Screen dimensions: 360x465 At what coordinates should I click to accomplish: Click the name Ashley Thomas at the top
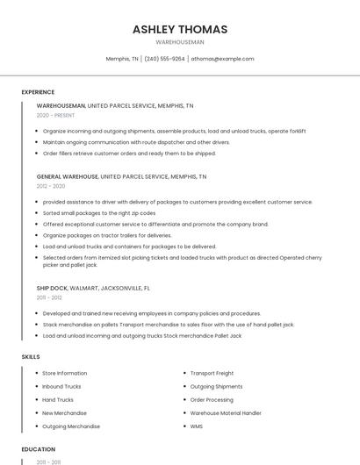click(180, 29)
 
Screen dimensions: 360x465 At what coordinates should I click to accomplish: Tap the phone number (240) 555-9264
click(165, 59)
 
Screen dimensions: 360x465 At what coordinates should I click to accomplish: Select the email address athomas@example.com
click(222, 59)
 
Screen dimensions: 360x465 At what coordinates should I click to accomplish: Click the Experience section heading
click(38, 92)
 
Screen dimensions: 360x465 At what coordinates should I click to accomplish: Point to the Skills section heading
click(30, 357)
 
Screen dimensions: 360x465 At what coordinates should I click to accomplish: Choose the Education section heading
click(38, 449)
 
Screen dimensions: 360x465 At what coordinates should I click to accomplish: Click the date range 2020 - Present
click(55, 115)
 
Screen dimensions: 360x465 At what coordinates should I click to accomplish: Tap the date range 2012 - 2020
click(51, 186)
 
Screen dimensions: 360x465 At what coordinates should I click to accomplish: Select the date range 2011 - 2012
click(49, 297)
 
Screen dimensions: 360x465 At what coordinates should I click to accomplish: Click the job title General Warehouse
click(68, 176)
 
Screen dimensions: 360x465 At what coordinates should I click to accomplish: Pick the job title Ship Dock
click(52, 288)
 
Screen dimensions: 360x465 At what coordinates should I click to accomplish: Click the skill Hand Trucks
click(58, 399)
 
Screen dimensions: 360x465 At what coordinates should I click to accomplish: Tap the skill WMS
click(196, 426)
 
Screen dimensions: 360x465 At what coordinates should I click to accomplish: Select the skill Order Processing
click(212, 399)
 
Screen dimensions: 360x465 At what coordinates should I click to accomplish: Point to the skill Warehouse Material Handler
click(226, 412)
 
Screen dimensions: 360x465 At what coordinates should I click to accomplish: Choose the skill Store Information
click(65, 373)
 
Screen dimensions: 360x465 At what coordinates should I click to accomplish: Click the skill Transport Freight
click(212, 373)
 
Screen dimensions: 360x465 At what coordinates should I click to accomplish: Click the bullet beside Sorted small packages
click(37, 213)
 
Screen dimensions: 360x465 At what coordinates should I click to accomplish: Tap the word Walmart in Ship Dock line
click(81, 288)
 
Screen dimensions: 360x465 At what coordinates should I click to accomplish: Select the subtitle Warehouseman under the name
click(180, 42)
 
